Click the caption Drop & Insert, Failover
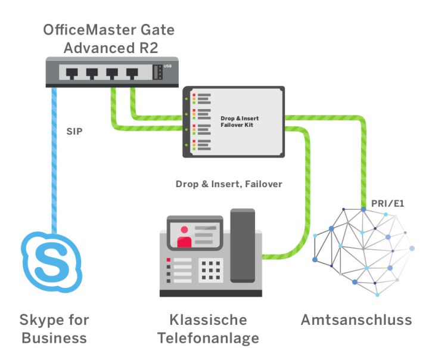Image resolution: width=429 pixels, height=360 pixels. click(229, 184)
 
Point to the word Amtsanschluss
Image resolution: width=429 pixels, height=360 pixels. click(356, 320)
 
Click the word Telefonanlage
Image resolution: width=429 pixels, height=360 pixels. click(208, 339)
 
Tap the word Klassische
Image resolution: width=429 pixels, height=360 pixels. click(208, 320)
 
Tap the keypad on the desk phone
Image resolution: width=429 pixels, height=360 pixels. click(212, 269)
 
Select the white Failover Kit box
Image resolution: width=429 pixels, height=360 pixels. click(238, 122)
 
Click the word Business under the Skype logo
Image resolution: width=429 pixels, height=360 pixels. click(53, 339)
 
